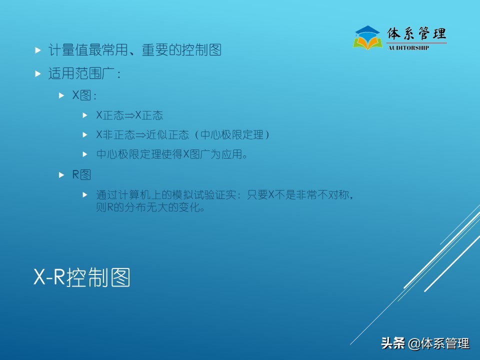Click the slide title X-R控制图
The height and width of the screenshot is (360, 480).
[82, 277]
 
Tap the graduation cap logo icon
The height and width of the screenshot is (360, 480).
[367, 37]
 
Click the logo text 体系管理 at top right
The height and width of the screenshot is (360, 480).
[416, 33]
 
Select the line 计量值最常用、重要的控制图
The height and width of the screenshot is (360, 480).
[134, 50]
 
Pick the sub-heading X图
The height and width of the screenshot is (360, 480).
[83, 95]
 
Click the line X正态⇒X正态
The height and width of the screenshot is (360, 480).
[129, 115]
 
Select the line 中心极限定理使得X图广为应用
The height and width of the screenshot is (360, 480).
[172, 154]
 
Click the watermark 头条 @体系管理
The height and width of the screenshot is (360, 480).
[425, 343]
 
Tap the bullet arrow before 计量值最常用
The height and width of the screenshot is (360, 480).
[38, 50]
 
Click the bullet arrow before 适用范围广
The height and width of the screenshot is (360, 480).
[38, 74]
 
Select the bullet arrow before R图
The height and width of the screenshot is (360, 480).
[61, 174]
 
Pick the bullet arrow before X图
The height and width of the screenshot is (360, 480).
[61, 94]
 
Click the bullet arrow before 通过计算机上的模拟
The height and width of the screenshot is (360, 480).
[85, 194]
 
